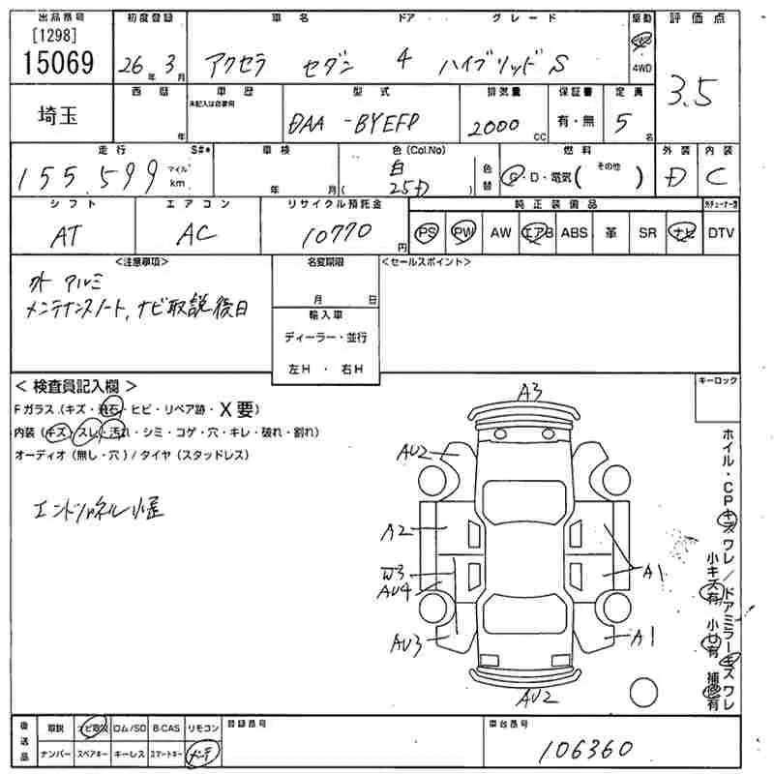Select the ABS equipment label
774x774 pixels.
coord(574,233)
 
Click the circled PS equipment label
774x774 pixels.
coord(427,233)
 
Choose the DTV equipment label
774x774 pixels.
coord(721,233)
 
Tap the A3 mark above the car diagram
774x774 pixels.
coord(529,391)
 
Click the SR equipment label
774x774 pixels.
coord(647,233)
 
